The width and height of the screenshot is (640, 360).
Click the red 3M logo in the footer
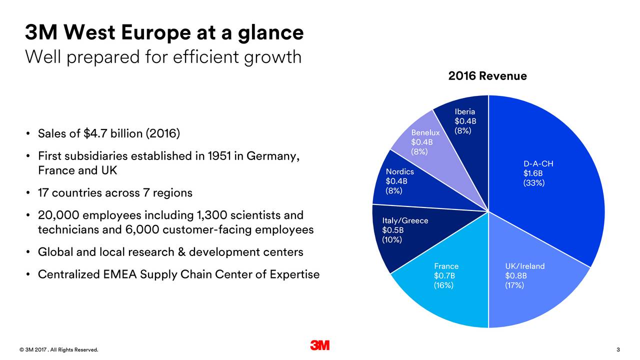coord(319,345)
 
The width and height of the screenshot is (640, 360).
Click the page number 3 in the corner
coord(618,349)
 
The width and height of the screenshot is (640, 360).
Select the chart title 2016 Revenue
coord(487,76)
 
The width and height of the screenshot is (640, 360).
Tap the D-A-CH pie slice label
coord(538,164)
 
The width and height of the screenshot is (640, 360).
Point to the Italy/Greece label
coord(405,221)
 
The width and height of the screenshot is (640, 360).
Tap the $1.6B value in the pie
coord(533,173)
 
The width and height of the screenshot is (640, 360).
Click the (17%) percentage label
coord(514,285)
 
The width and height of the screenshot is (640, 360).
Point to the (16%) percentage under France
coord(443,285)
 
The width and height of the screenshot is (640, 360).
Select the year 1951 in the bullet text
coord(217,156)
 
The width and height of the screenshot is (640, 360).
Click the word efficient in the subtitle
coord(206,57)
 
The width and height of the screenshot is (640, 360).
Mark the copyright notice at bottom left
coord(59,349)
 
